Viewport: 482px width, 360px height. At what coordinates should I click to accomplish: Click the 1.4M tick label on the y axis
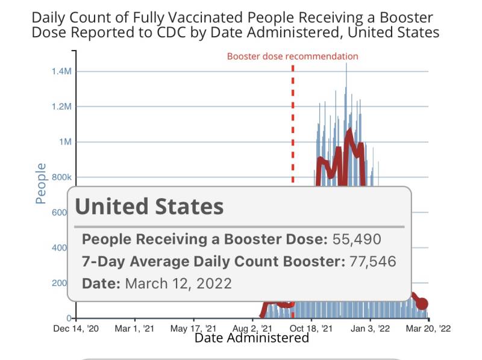(x=62, y=72)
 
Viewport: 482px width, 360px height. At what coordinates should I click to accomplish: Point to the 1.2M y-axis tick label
(x=62, y=107)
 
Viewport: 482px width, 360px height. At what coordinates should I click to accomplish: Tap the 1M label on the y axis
(x=65, y=142)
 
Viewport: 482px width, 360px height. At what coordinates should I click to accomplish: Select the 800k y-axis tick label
(x=62, y=178)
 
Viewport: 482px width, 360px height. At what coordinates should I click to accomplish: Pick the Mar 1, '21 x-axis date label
(x=135, y=329)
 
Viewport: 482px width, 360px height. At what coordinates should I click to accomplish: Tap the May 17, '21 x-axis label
(x=193, y=329)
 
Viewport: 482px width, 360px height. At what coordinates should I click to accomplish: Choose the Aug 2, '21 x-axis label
(x=252, y=329)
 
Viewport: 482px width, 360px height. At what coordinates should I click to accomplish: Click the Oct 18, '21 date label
(x=311, y=329)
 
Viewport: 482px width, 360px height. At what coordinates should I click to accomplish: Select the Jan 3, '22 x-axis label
(x=369, y=329)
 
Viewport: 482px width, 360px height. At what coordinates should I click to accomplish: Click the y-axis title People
(x=41, y=183)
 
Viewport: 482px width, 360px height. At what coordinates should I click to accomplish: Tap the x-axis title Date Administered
(x=251, y=338)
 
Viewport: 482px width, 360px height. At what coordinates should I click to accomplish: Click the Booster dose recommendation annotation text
(x=292, y=57)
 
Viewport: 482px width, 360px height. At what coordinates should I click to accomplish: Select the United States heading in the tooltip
(x=149, y=207)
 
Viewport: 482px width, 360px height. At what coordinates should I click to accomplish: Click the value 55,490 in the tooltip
(x=357, y=239)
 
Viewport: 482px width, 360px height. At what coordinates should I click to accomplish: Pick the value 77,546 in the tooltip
(x=371, y=261)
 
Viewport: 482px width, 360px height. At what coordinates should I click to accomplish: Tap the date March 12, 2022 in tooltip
(x=178, y=283)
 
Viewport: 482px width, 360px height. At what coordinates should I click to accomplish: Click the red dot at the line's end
(x=422, y=304)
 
